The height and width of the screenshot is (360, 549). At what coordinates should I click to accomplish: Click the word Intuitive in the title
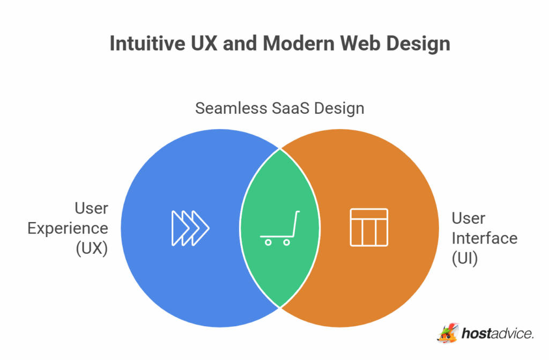[147, 43]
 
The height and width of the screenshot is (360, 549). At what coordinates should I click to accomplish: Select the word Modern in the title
[299, 43]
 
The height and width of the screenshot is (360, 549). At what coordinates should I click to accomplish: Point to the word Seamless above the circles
[231, 108]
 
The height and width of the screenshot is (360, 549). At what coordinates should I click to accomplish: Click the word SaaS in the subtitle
[291, 108]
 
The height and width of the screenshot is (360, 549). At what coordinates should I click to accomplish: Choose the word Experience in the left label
[68, 229]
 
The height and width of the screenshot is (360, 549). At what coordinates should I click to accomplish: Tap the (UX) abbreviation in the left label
[92, 248]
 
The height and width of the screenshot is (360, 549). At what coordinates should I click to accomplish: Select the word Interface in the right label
[485, 238]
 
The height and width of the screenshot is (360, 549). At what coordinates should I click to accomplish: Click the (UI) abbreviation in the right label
[465, 259]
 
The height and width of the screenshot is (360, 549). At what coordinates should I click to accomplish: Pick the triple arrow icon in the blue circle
[190, 228]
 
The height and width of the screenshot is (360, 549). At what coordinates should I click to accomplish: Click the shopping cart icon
[280, 228]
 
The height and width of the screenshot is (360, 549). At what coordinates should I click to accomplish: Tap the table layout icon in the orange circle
[369, 227]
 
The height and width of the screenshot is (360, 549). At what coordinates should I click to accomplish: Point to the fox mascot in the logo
[448, 333]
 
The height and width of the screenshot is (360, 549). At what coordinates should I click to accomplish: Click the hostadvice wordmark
[498, 333]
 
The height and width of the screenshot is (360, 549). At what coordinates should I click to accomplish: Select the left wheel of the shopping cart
[268, 242]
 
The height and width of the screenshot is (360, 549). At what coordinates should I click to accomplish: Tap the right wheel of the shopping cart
[286, 242]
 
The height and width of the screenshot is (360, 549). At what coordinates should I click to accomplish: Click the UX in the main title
[204, 43]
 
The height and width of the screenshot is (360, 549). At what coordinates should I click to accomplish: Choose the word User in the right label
[469, 218]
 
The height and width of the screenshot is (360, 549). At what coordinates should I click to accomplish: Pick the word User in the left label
[91, 208]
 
